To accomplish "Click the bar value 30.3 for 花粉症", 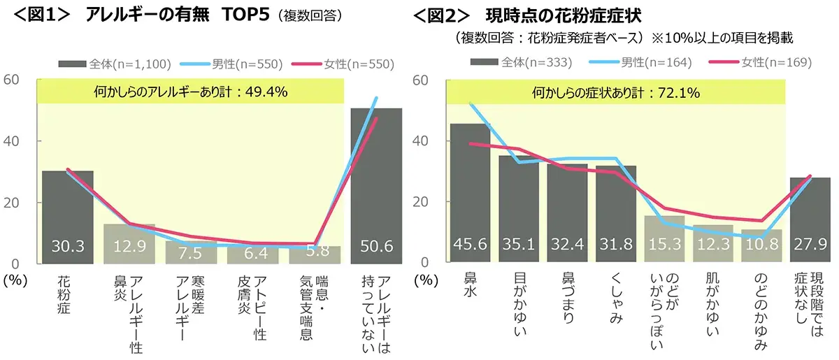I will coord(67,247).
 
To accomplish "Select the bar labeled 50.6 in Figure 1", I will coord(376,247).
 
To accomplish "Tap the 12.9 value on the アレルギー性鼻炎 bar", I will coord(129,247).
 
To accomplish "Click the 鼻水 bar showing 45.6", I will coord(470,247).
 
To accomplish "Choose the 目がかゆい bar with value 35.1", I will coord(519,247).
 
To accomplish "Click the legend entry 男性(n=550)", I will coord(233,64).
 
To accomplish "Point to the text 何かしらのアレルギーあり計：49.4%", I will coord(190,92).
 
